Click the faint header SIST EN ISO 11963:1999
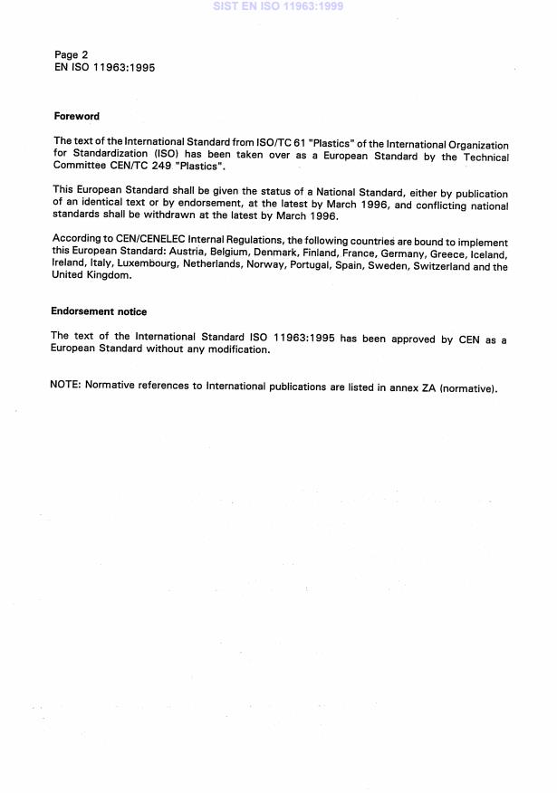click(278, 6)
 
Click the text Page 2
click(72, 54)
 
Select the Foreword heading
click(76, 117)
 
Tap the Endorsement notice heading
click(99, 311)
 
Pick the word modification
click(235, 349)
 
